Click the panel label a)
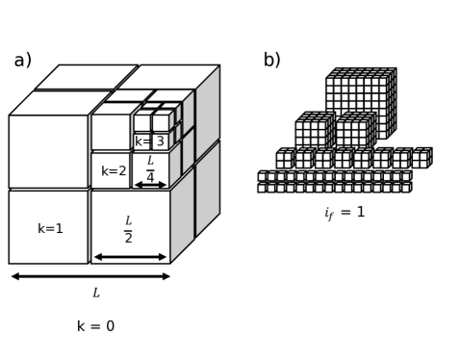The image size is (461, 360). point(22,61)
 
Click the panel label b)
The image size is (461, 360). point(272,61)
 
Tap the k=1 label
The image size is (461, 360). point(50,229)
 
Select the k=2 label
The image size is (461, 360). point(114,171)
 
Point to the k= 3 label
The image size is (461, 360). point(149,142)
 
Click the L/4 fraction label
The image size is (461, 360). point(150,168)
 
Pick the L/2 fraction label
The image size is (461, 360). point(129,229)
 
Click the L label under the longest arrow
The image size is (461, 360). point(95,293)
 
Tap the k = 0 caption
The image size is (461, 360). point(95,326)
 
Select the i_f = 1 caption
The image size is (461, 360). point(345,213)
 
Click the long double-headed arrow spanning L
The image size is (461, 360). point(90,276)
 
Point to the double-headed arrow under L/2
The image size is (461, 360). point(130,257)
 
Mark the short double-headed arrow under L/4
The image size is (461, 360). point(150,185)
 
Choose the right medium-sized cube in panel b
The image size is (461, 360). point(353,133)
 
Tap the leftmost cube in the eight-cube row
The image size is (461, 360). point(285,159)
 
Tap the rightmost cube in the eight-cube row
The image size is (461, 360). point(422,159)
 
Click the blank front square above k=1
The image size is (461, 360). point(48,151)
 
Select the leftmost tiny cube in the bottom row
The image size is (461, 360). point(262,188)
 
